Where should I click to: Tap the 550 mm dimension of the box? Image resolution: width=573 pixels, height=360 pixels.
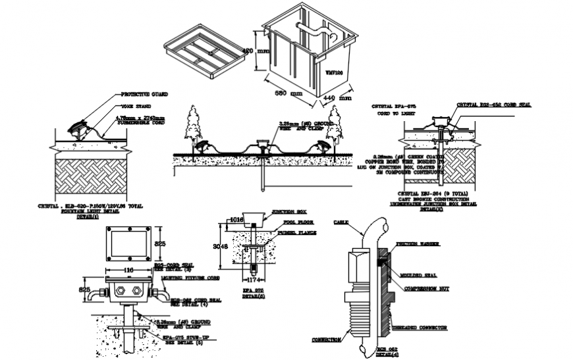(x=288, y=93)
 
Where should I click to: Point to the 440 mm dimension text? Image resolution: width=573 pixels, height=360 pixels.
(x=338, y=98)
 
